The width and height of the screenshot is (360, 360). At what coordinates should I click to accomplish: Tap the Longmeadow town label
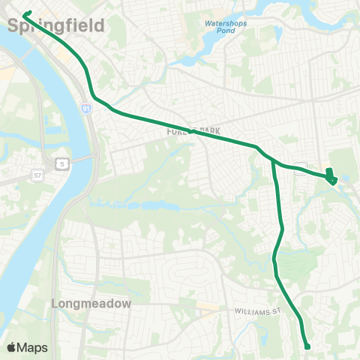(92, 304)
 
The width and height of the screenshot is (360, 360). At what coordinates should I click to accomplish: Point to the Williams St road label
(256, 310)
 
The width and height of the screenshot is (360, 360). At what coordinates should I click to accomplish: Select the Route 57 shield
(37, 175)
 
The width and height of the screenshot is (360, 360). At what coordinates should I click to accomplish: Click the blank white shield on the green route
(301, 168)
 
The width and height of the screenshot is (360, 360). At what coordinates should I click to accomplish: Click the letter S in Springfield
(14, 25)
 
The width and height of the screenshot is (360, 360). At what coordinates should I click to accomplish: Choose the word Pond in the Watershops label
(226, 32)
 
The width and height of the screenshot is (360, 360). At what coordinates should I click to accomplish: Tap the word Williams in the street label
(250, 310)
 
